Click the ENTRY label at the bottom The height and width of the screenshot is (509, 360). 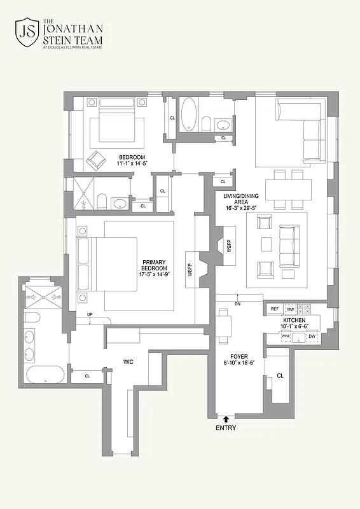pyautogui.click(x=225, y=428)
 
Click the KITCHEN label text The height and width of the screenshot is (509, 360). pyautogui.click(x=294, y=320)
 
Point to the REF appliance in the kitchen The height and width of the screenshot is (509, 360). pyautogui.click(x=275, y=309)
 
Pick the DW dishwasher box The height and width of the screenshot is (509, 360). pyautogui.click(x=312, y=337)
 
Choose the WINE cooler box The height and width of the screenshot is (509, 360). pyautogui.click(x=286, y=337)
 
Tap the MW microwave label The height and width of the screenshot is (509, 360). pyautogui.click(x=290, y=309)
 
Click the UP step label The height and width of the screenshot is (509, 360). pyautogui.click(x=90, y=315)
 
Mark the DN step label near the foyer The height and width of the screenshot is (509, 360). pyautogui.click(x=237, y=304)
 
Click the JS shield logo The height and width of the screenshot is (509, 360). pyautogui.click(x=26, y=32)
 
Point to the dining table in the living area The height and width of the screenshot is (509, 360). pyautogui.click(x=288, y=190)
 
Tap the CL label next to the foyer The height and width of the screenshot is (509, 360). pyautogui.click(x=280, y=376)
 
